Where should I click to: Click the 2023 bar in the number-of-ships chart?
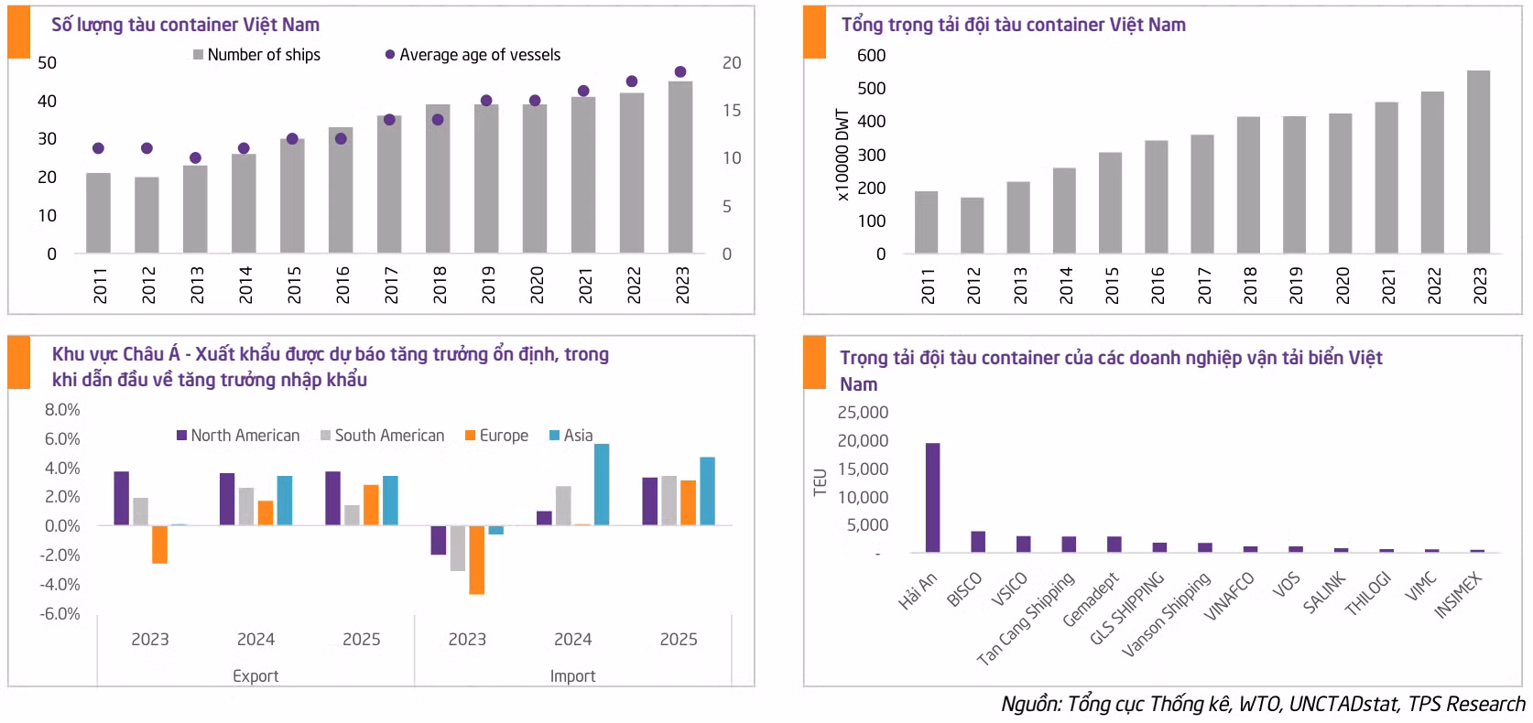click(x=680, y=167)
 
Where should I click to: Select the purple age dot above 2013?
click(x=195, y=157)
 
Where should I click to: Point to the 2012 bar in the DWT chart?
click(x=972, y=225)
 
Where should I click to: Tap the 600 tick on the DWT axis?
click(x=871, y=55)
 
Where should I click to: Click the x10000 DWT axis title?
click(x=843, y=156)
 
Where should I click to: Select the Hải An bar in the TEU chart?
click(x=932, y=498)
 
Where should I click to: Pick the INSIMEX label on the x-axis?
click(x=1457, y=595)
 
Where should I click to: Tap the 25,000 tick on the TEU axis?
click(x=863, y=413)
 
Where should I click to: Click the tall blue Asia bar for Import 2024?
click(x=602, y=484)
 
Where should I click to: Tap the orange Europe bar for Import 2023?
click(x=476, y=559)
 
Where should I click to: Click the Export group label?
click(x=255, y=676)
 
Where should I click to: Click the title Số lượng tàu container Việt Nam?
click(x=185, y=25)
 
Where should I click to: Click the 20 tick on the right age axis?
click(x=731, y=63)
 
